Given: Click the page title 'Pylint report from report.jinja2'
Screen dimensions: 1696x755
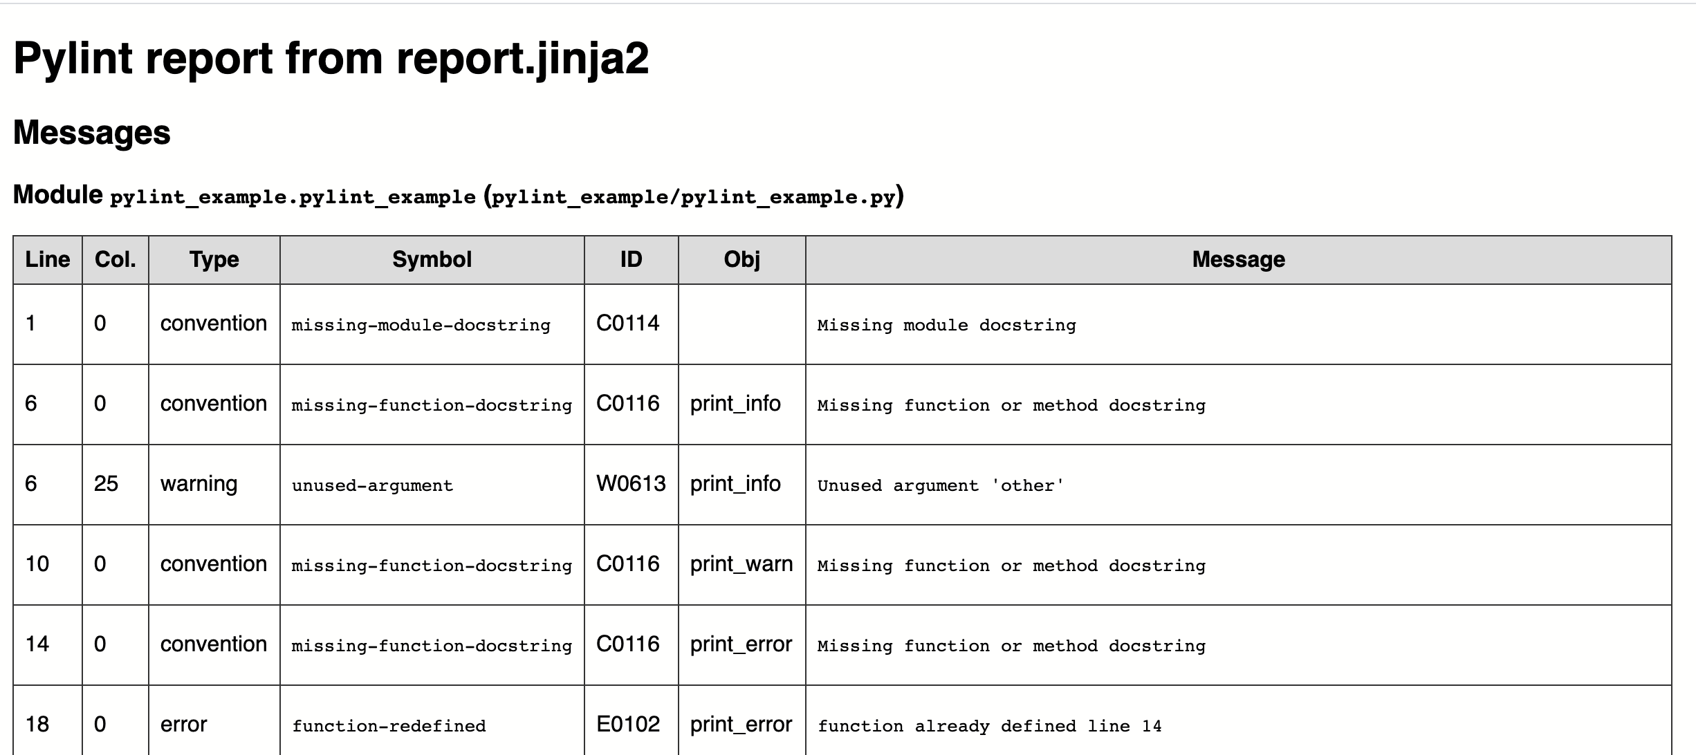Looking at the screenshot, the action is (x=331, y=58).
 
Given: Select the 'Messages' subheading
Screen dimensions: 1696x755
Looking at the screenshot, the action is (x=91, y=133).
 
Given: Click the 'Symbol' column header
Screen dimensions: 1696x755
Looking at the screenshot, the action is (x=432, y=260).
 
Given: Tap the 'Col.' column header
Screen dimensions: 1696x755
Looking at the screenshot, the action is (x=115, y=260).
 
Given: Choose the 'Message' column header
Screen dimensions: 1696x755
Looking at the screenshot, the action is (x=1238, y=260).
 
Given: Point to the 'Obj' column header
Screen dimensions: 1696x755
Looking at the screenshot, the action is (x=741, y=260).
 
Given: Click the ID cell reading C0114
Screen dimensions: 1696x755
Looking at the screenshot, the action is (x=627, y=324).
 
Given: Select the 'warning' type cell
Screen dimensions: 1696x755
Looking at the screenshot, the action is (x=199, y=484).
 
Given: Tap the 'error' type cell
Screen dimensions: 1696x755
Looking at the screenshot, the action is (x=183, y=725).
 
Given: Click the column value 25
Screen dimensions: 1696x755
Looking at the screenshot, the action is (x=106, y=484).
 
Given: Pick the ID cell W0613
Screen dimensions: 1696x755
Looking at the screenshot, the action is (x=630, y=484).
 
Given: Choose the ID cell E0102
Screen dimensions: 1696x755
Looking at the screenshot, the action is (x=628, y=725).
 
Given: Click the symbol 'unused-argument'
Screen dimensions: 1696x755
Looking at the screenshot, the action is (x=372, y=485).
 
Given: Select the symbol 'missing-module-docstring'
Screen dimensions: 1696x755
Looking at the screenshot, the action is (x=421, y=325).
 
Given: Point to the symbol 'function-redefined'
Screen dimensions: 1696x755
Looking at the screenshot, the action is (x=389, y=726).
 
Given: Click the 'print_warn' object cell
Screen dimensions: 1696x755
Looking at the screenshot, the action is (x=741, y=564).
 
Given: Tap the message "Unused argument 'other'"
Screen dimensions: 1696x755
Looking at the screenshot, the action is (x=940, y=485).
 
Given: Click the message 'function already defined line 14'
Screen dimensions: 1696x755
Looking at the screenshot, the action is (x=989, y=726).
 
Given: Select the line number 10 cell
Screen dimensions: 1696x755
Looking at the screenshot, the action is (x=37, y=564).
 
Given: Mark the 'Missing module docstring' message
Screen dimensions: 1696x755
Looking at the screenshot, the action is (x=946, y=325).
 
